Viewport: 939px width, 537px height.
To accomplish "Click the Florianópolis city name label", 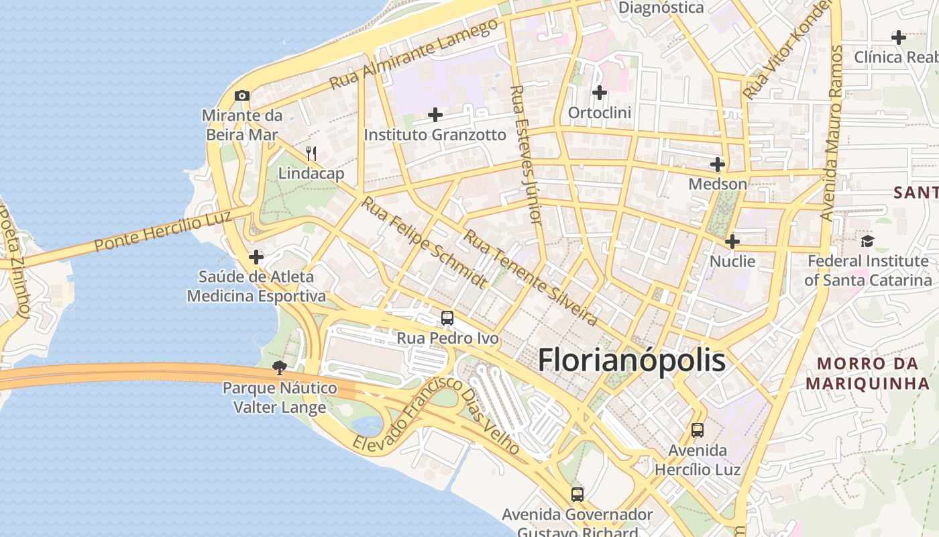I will [631, 360].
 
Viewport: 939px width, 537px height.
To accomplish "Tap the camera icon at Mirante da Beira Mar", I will [242, 96].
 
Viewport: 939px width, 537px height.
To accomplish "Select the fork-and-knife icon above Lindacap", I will [311, 154].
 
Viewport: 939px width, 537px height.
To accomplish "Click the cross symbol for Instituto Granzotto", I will [435, 115].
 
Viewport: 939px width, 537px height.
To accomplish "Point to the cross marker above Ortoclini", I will [600, 93].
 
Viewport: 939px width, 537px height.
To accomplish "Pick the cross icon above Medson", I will [718, 164].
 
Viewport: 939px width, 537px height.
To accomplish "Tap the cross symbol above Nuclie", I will [732, 242].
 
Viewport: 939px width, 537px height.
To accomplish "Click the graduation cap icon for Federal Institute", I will [868, 241].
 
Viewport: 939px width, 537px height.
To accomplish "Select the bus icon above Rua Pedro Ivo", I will [447, 318].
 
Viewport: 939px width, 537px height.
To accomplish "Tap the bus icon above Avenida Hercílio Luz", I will [698, 430].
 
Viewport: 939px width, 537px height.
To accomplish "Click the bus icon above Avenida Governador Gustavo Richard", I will [577, 495].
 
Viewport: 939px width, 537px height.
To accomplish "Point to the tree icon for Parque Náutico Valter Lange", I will [280, 367].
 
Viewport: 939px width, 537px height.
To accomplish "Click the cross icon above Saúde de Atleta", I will [256, 257].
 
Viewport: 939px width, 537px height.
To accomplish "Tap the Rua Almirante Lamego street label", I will [415, 54].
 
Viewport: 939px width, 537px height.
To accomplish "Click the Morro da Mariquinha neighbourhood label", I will [867, 374].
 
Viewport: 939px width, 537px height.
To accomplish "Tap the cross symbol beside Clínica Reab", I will [899, 38].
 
